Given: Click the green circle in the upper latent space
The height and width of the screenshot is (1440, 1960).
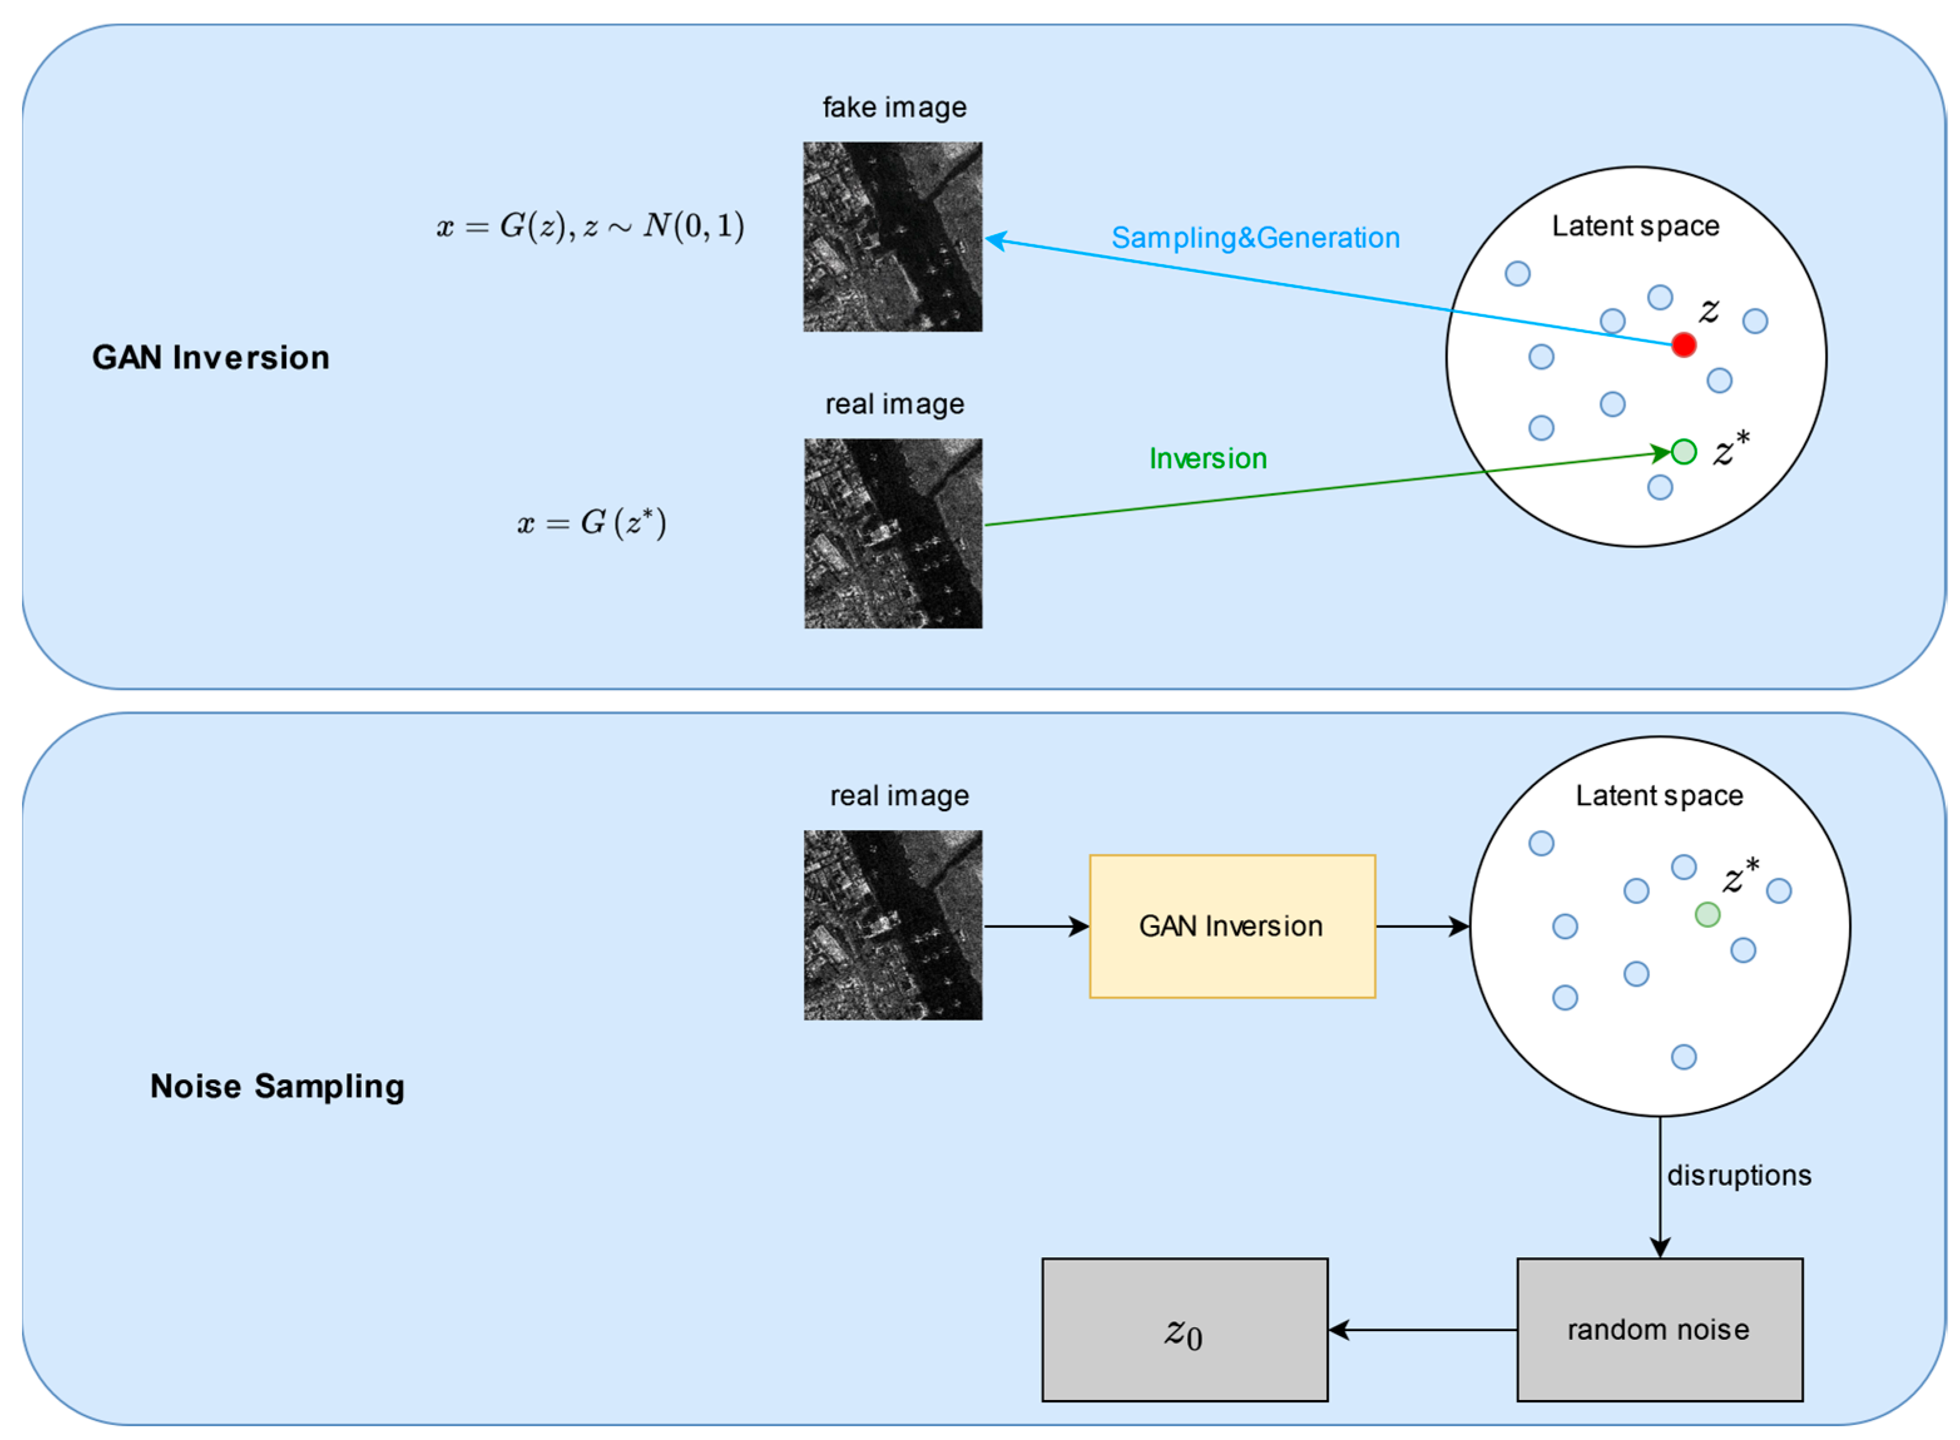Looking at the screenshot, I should click(1684, 451).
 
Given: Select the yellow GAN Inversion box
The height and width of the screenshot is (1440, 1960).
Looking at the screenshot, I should click(1232, 926).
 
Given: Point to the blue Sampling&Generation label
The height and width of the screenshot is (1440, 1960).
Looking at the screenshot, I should click(1255, 237).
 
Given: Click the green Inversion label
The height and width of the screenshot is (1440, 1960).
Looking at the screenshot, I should click(1208, 458).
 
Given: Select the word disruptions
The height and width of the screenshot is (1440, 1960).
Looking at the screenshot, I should click(1738, 1175).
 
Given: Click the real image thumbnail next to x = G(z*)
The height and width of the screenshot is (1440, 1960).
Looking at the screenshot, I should click(892, 533).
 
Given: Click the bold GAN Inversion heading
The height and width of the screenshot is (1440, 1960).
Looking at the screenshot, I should click(211, 357).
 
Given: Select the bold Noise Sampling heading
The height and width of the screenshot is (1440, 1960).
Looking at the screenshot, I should click(277, 1086).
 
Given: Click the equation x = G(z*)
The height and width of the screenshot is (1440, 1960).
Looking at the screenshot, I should click(591, 522).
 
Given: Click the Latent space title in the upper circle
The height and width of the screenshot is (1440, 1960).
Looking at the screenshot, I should click(1635, 226).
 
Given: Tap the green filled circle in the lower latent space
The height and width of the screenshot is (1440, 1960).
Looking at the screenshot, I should click(1706, 914).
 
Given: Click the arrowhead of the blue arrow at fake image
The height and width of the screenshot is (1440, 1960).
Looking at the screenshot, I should click(995, 239).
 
